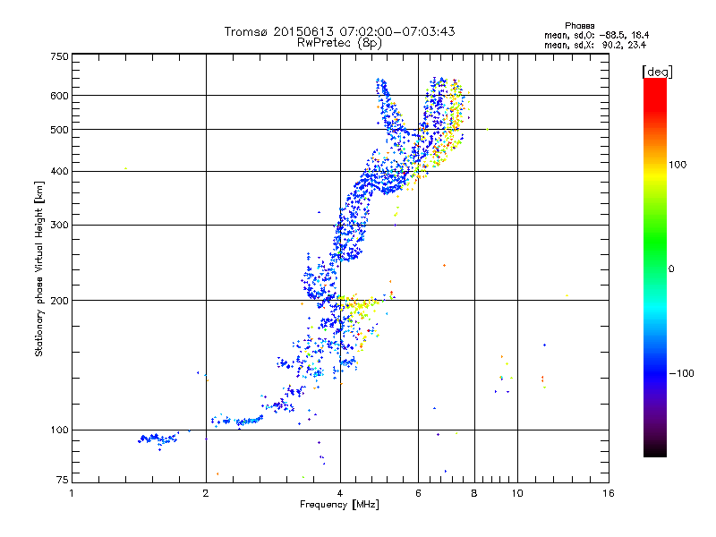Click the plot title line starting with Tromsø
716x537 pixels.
tap(339, 31)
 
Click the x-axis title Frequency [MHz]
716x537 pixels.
tap(339, 506)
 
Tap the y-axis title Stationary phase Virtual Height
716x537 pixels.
tap(39, 268)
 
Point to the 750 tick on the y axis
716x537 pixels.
tap(59, 56)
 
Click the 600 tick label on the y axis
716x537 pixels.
tap(59, 95)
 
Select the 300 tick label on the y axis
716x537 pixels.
tap(59, 225)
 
